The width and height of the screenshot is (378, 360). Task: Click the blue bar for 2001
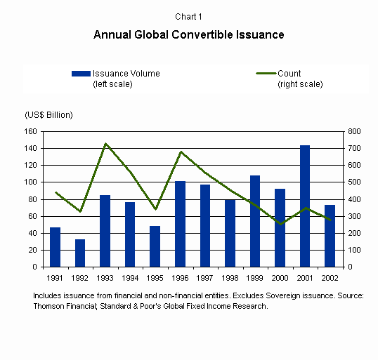click(305, 206)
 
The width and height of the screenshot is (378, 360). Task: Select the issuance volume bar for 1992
click(80, 253)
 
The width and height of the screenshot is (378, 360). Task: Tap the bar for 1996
click(180, 224)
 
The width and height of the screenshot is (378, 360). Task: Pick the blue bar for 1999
click(255, 221)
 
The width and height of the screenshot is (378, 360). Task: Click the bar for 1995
click(155, 246)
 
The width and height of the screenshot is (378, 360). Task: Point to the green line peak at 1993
click(105, 144)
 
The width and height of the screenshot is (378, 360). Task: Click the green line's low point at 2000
click(280, 224)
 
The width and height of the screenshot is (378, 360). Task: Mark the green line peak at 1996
click(181, 152)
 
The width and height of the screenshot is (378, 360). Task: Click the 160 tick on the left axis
click(30, 131)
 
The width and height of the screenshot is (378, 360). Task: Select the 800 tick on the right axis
click(354, 131)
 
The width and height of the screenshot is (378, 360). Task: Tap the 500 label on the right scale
click(354, 182)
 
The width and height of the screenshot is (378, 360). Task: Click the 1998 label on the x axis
click(230, 278)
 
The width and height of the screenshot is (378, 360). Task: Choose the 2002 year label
click(330, 278)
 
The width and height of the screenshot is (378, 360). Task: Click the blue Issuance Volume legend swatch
click(81, 74)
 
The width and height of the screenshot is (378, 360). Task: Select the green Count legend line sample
click(266, 73)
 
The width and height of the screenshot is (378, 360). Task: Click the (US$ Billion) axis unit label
click(48, 115)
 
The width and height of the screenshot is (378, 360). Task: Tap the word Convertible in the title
click(202, 34)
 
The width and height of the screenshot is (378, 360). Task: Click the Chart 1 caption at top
click(188, 17)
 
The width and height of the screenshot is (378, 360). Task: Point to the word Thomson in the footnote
click(48, 306)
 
